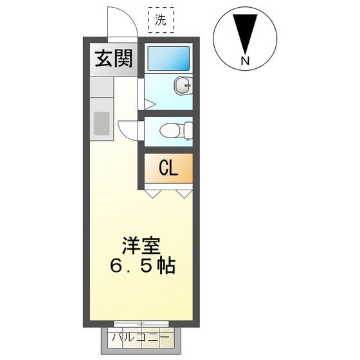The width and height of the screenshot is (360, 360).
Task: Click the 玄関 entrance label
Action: click(114, 59)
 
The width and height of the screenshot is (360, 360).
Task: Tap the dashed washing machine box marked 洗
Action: click(160, 20)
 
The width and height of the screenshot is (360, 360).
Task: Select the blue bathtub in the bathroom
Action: click(168, 59)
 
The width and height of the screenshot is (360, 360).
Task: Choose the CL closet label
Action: click(168, 168)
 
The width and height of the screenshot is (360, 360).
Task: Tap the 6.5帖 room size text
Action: click(141, 267)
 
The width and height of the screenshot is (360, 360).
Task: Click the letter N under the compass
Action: click(245, 61)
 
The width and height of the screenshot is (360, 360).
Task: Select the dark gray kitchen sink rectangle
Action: click(102, 123)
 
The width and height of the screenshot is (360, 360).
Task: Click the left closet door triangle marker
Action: click(152, 192)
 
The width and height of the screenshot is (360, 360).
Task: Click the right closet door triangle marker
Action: click(184, 192)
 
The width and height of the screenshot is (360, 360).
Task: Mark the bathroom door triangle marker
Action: click(147, 103)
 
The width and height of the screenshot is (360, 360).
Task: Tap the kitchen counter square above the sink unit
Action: click(102, 87)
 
